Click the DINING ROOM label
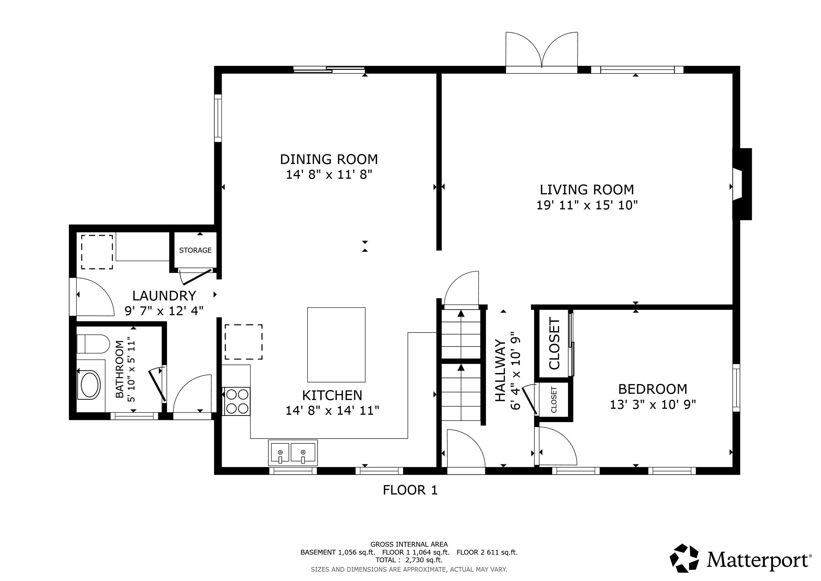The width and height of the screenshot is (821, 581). pos(329,159)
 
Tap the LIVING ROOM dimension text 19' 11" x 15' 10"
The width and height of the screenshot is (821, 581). pos(587,205)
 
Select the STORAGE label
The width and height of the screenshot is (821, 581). pos(195,250)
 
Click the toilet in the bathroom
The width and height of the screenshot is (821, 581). pos(93,344)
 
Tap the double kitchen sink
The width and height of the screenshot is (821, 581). pos(293,452)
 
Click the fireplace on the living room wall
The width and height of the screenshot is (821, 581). pos(742,184)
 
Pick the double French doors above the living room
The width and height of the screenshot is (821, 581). pos(542,53)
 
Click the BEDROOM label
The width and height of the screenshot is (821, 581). pos(653,389)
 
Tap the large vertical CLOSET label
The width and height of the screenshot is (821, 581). pos(554,344)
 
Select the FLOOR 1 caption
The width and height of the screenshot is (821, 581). pos(410,490)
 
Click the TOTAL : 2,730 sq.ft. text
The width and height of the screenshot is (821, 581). pos(409,560)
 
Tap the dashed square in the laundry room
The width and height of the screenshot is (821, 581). pos(97,252)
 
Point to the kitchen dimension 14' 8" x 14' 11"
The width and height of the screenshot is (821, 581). pos(332,410)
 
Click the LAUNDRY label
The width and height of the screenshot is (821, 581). pos(164,296)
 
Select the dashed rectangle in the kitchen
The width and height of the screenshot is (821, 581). pos(244,342)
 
